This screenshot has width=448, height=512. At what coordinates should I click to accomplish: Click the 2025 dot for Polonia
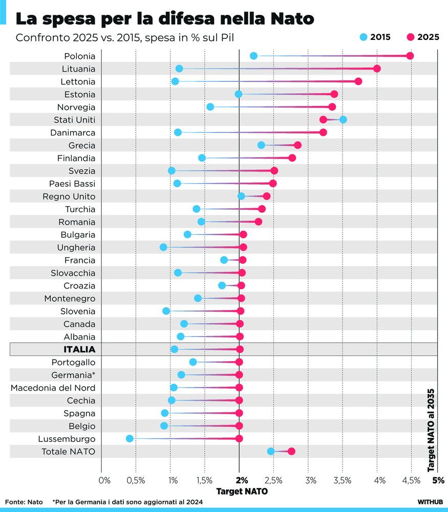[410, 56]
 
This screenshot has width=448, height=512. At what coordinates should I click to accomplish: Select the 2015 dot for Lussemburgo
[130, 438]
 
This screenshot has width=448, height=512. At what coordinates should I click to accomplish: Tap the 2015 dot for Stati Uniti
[343, 120]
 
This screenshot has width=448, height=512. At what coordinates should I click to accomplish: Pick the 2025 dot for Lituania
[377, 69]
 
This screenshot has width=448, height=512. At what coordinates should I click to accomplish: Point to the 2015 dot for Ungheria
[163, 247]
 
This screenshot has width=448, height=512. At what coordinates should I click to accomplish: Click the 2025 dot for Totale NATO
[291, 451]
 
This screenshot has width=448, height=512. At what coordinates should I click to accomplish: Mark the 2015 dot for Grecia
[261, 145]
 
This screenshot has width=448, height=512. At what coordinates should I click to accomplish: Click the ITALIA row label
[79, 349]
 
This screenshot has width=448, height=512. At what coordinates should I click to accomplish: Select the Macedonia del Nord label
[53, 388]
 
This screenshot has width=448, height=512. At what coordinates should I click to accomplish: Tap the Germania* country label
[73, 375]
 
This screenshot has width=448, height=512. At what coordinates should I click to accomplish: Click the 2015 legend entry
[375, 37]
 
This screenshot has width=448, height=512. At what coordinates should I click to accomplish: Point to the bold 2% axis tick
[242, 480]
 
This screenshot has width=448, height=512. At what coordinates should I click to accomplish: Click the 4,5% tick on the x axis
[411, 480]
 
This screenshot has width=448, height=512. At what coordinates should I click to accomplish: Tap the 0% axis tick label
[104, 480]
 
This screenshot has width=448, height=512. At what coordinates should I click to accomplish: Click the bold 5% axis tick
[438, 480]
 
